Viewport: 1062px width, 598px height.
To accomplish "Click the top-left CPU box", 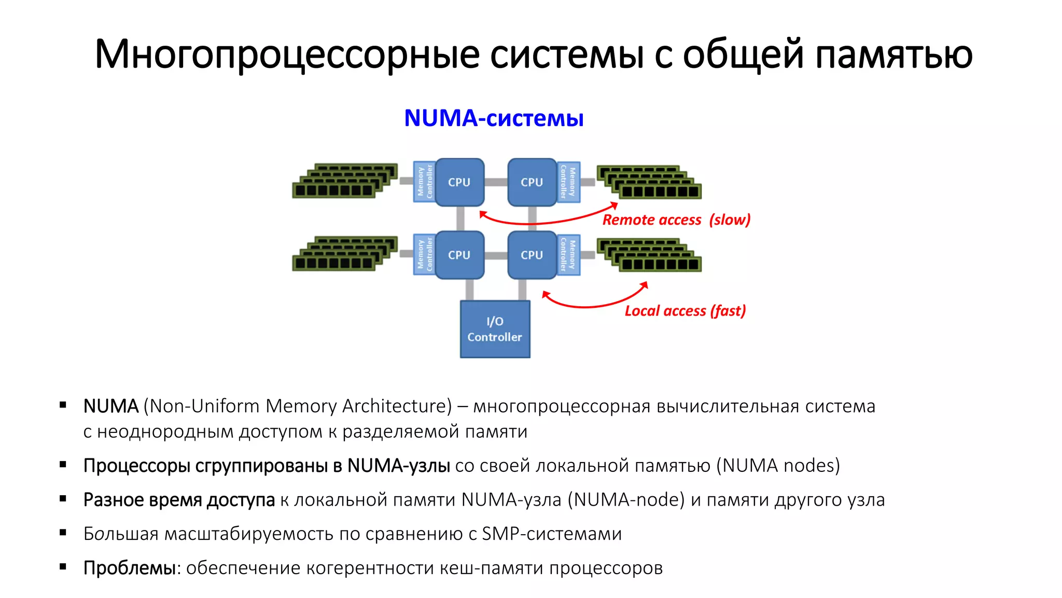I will coord(459,182).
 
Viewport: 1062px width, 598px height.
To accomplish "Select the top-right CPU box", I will coord(532,182).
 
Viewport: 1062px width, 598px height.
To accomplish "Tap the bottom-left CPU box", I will coord(459,255).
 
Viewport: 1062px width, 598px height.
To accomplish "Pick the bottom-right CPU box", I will coord(532,255).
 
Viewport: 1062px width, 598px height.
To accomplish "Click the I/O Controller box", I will coord(495,329).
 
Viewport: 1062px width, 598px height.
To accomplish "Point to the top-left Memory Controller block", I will coord(424,182).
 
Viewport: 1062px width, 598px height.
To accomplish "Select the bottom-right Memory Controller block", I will coord(568,254).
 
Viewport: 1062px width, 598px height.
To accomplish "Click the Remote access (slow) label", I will coord(676,220).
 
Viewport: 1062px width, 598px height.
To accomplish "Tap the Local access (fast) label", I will coord(685,310).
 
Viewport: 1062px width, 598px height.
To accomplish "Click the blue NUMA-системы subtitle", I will coord(494,118).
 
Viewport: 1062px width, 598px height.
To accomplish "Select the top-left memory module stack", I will coord(345,181).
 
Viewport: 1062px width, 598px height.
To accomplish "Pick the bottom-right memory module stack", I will coord(649,254).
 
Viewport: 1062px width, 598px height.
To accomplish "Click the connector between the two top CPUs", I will coord(496,182).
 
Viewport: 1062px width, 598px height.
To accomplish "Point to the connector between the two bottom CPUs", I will coord(496,255).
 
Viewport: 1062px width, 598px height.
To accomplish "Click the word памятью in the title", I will coord(893,54).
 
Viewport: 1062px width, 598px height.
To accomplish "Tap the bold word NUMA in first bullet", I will coord(110,406).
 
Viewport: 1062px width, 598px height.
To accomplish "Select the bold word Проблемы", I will coord(130,568).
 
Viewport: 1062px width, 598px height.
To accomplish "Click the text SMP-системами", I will coord(551,534).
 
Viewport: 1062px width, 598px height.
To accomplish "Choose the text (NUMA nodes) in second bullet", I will coord(778,466).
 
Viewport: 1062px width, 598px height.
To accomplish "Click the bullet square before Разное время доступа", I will coord(63,499).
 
